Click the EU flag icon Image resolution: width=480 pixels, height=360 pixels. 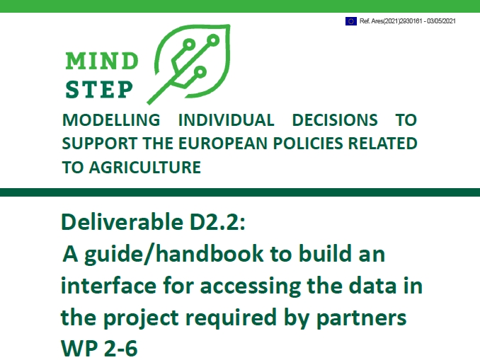pyautogui.click(x=351, y=21)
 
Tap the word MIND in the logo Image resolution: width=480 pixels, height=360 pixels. pyautogui.click(x=102, y=62)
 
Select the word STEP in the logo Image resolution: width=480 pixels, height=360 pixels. pyautogui.click(x=99, y=89)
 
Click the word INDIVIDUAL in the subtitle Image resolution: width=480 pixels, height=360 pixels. pyautogui.click(x=226, y=120)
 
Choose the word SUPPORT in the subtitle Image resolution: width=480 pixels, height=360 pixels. pyautogui.click(x=94, y=144)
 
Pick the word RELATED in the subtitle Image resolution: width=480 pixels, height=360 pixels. pyautogui.click(x=385, y=144)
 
